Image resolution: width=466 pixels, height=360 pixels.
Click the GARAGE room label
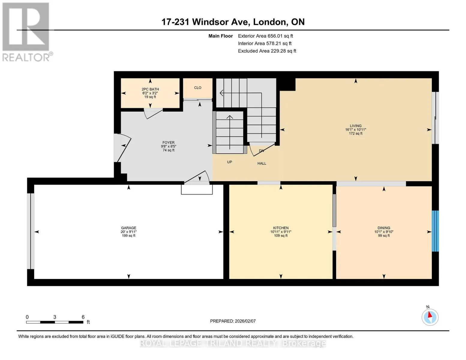click(x=128, y=228)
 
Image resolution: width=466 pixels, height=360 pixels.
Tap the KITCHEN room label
click(x=281, y=228)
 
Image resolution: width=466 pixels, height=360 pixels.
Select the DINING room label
click(x=384, y=228)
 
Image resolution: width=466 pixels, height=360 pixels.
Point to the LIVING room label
click(x=356, y=126)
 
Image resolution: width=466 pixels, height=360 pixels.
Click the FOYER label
click(x=168, y=142)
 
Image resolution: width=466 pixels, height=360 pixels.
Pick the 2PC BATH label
click(x=150, y=89)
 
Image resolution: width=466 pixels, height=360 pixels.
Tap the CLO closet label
click(x=197, y=88)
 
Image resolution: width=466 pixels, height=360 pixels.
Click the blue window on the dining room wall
click(x=435, y=231)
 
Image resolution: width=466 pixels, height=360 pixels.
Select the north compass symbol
click(x=430, y=317)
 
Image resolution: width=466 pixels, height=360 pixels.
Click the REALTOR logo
click(x=27, y=32)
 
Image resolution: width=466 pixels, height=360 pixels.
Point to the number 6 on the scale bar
click(x=83, y=317)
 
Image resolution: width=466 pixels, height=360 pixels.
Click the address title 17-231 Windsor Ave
click(x=206, y=22)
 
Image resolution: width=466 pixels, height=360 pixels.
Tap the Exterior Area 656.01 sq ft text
click(x=266, y=36)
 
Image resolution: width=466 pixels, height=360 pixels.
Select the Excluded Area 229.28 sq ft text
click(x=267, y=51)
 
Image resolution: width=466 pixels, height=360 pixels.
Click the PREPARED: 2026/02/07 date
click(x=233, y=321)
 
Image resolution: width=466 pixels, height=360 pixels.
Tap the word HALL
click(x=262, y=163)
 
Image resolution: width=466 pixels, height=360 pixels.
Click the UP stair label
click(x=230, y=162)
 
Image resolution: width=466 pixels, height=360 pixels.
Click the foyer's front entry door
click(x=122, y=148)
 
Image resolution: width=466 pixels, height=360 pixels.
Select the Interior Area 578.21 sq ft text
click(x=265, y=43)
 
